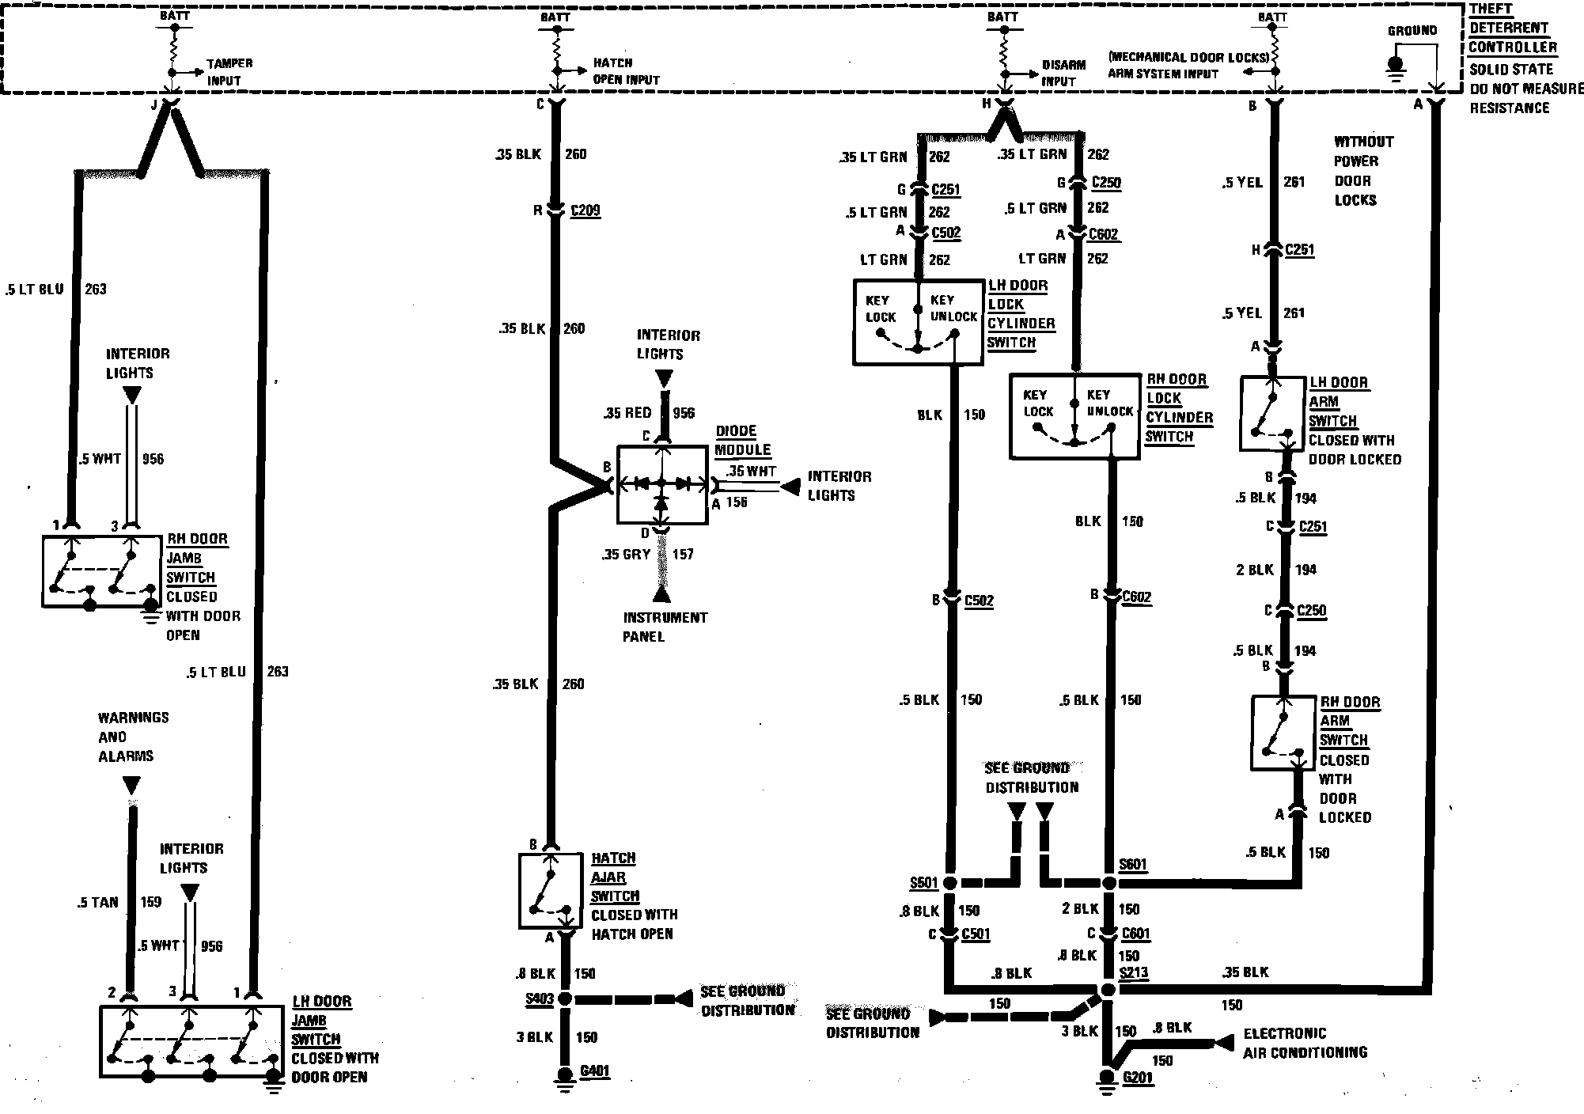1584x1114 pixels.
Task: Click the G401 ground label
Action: point(594,1071)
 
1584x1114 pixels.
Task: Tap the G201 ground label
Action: point(1138,1078)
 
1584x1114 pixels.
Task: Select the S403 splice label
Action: point(539,998)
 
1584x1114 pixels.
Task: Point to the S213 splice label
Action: point(1133,972)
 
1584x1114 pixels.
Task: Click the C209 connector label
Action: point(585,210)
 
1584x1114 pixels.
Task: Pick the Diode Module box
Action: point(661,484)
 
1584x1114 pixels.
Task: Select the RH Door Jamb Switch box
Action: point(102,571)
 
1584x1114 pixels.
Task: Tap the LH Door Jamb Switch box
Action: point(191,1041)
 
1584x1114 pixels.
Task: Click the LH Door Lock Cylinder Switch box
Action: point(918,322)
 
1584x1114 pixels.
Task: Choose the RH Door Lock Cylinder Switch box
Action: point(1074,416)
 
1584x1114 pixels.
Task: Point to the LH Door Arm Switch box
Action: point(1271,413)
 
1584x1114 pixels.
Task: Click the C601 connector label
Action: point(1135,934)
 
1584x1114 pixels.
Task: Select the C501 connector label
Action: point(976,934)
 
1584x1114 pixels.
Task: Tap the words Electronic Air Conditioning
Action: point(1305,1043)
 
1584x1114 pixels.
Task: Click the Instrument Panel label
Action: point(665,627)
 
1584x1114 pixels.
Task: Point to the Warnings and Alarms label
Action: point(133,737)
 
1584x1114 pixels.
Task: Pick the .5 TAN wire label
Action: point(98,902)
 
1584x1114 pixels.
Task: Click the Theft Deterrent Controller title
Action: point(1512,28)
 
